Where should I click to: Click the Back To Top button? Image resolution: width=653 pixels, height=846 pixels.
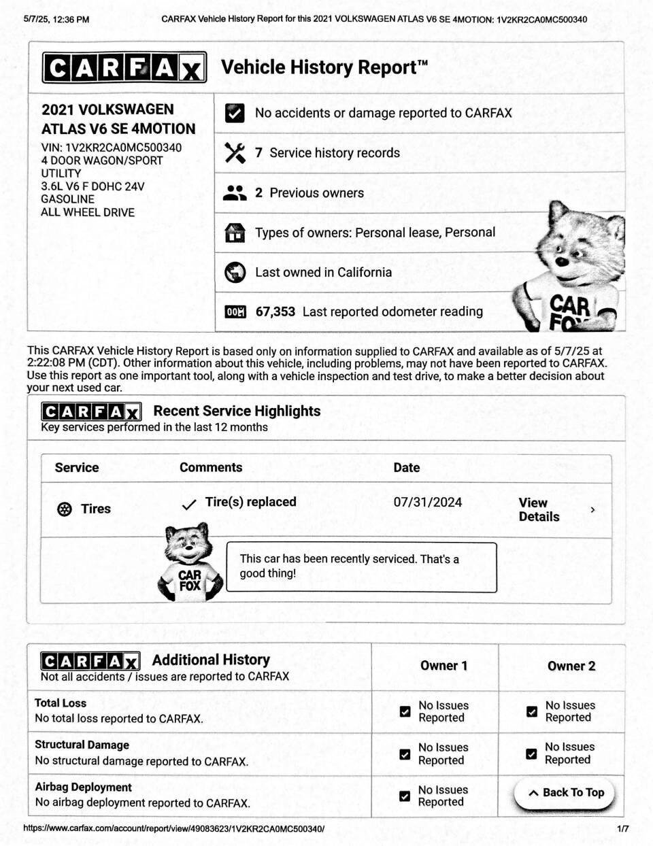565,793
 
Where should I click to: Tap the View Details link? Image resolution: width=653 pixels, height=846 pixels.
539,509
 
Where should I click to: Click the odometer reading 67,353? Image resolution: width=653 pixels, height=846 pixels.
275,312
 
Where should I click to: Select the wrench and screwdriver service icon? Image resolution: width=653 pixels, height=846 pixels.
235,153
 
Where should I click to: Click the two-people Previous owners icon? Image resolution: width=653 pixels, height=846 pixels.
235,193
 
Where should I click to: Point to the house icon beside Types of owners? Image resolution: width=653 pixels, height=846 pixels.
235,233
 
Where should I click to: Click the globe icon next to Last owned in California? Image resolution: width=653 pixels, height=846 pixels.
235,273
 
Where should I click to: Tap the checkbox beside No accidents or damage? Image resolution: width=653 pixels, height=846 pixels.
235,114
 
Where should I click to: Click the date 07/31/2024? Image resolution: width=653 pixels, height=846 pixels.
427,503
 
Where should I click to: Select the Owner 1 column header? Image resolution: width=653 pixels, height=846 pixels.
443,666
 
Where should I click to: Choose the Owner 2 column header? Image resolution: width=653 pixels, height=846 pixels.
571,666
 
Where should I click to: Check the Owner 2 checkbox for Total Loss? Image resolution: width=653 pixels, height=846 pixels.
532,712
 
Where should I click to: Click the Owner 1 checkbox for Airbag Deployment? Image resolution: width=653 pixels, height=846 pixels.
405,796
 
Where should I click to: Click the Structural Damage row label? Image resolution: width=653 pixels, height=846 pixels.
82,745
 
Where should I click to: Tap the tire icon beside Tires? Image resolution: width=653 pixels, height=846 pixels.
65,509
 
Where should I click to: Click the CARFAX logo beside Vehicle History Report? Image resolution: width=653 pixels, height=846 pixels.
124,68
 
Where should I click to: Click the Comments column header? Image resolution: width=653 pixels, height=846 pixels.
211,468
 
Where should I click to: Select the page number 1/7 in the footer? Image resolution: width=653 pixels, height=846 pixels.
622,829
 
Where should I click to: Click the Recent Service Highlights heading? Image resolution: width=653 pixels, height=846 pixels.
237,411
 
